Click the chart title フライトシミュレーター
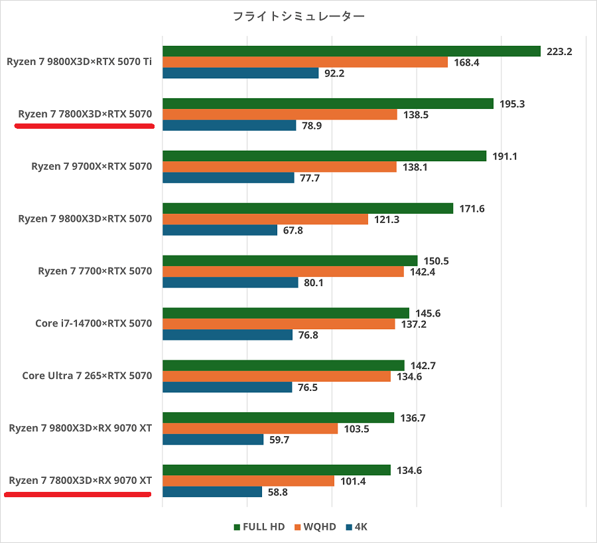(298, 17)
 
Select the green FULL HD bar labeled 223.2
(352, 51)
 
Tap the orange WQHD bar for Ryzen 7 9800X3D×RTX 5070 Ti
(305, 62)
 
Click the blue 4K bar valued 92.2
(240, 74)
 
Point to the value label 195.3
(513, 103)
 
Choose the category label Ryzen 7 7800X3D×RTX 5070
(86, 114)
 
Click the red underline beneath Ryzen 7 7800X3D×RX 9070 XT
(78, 494)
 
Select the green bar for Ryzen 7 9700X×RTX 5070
(324, 156)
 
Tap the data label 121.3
(386, 219)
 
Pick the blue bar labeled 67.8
(220, 230)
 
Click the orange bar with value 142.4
(283, 271)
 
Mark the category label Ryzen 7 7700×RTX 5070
(96, 271)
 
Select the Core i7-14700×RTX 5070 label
(94, 323)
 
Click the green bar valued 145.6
(286, 313)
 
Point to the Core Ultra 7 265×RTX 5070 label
(87, 376)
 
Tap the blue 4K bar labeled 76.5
(227, 387)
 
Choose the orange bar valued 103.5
(250, 428)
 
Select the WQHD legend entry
(318, 527)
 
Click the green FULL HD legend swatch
(237, 527)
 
